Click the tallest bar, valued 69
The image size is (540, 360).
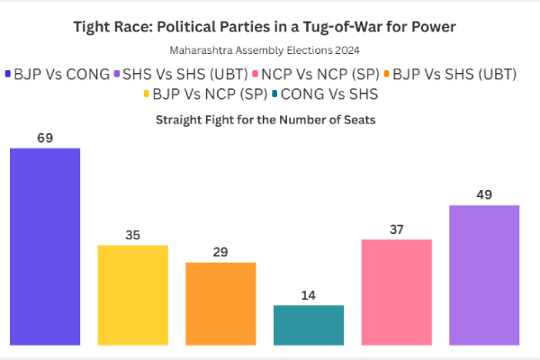tap(45, 246)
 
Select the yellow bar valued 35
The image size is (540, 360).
tap(132, 294)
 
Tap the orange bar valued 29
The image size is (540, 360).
tap(220, 303)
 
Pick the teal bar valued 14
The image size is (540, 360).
tap(309, 325)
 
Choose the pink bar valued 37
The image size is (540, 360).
tap(397, 292)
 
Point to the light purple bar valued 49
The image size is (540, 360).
tap(484, 274)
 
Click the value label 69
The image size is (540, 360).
tap(45, 138)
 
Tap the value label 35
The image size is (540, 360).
tap(132, 235)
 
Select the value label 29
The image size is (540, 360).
tap(220, 252)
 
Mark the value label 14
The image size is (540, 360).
tap(309, 295)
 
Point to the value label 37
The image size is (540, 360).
tap(397, 229)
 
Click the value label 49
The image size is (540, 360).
tap(484, 195)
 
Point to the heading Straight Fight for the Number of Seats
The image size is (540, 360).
tap(270, 119)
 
